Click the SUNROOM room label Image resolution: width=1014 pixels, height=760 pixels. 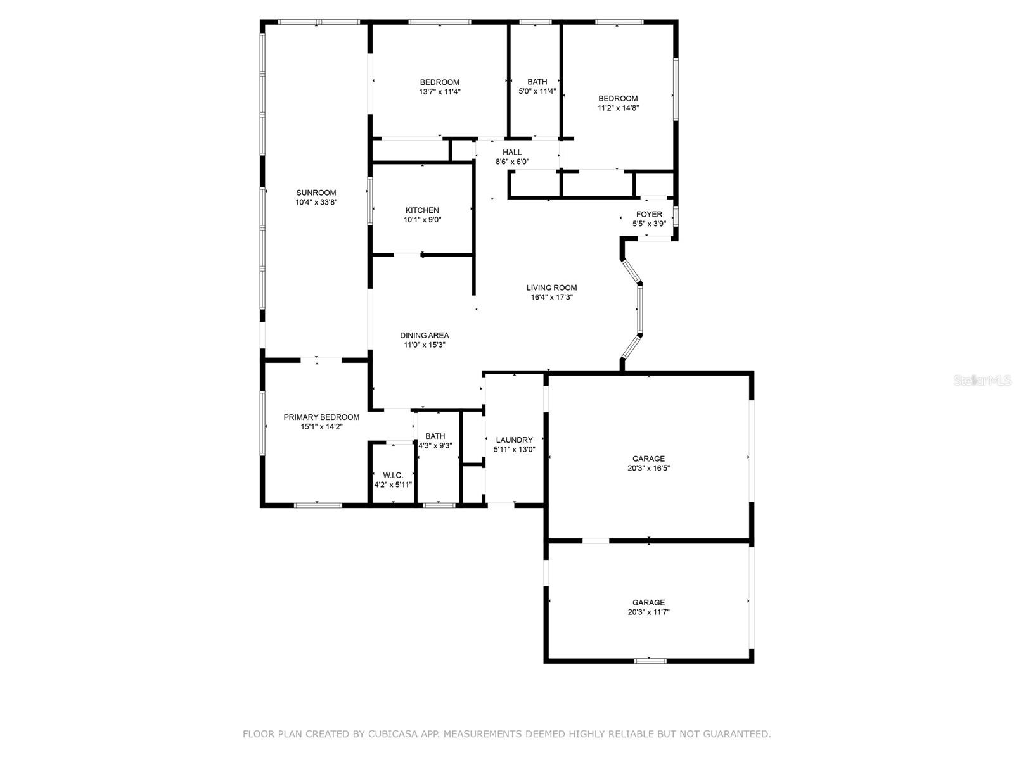point(316,193)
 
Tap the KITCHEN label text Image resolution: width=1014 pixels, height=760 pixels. point(422,210)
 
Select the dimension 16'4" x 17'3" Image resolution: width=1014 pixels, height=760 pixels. point(551,297)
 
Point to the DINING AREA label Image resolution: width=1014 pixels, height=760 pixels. point(424,336)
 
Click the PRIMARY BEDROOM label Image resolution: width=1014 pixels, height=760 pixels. point(321,417)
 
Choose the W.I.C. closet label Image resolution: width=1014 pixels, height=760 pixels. point(393,475)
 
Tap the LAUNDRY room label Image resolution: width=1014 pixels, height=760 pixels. point(514,440)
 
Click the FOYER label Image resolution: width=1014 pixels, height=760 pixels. point(649,215)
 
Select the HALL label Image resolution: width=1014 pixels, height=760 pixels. point(512,153)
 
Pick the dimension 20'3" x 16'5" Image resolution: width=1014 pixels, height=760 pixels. point(648,469)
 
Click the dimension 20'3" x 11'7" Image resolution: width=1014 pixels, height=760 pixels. point(648,612)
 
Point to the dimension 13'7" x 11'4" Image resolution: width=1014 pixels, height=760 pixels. point(439,92)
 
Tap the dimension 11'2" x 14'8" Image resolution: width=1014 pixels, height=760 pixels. point(618,108)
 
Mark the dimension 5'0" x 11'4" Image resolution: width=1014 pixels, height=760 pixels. point(537,92)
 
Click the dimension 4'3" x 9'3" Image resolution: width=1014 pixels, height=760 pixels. point(435,446)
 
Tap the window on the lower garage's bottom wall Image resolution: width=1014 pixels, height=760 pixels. point(650,661)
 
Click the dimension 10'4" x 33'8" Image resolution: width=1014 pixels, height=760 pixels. point(316,203)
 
